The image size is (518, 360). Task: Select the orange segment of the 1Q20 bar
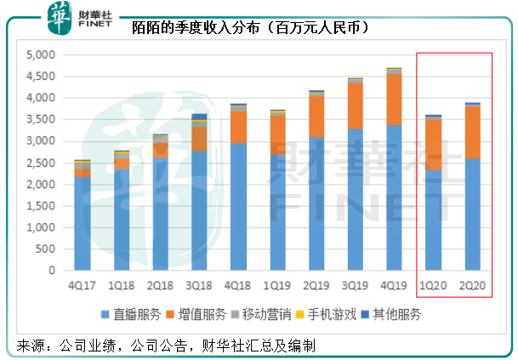433,144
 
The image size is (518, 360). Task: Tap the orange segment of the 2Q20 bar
472,133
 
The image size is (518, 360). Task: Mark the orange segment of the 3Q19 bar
355,106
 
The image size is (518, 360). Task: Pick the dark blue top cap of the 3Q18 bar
199,117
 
